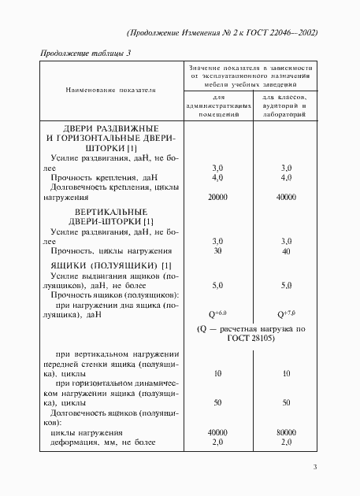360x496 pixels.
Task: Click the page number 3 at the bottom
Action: coord(314,468)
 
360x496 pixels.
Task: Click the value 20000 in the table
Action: coord(218,198)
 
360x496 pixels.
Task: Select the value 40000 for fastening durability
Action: coord(286,198)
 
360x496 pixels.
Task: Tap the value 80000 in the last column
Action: coord(286,433)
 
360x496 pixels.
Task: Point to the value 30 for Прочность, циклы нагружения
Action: coord(218,251)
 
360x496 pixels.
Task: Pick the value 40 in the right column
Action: coord(286,251)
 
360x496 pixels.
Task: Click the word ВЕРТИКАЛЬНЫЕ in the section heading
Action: coord(107,213)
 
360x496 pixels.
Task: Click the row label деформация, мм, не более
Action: coord(93,443)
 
